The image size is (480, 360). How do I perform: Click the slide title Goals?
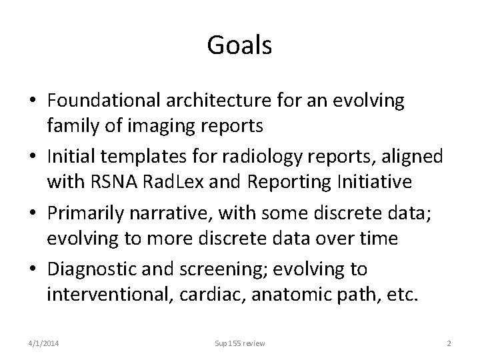[239, 45]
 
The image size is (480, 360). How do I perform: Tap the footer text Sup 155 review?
[239, 343]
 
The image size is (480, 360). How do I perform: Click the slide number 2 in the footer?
[449, 343]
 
